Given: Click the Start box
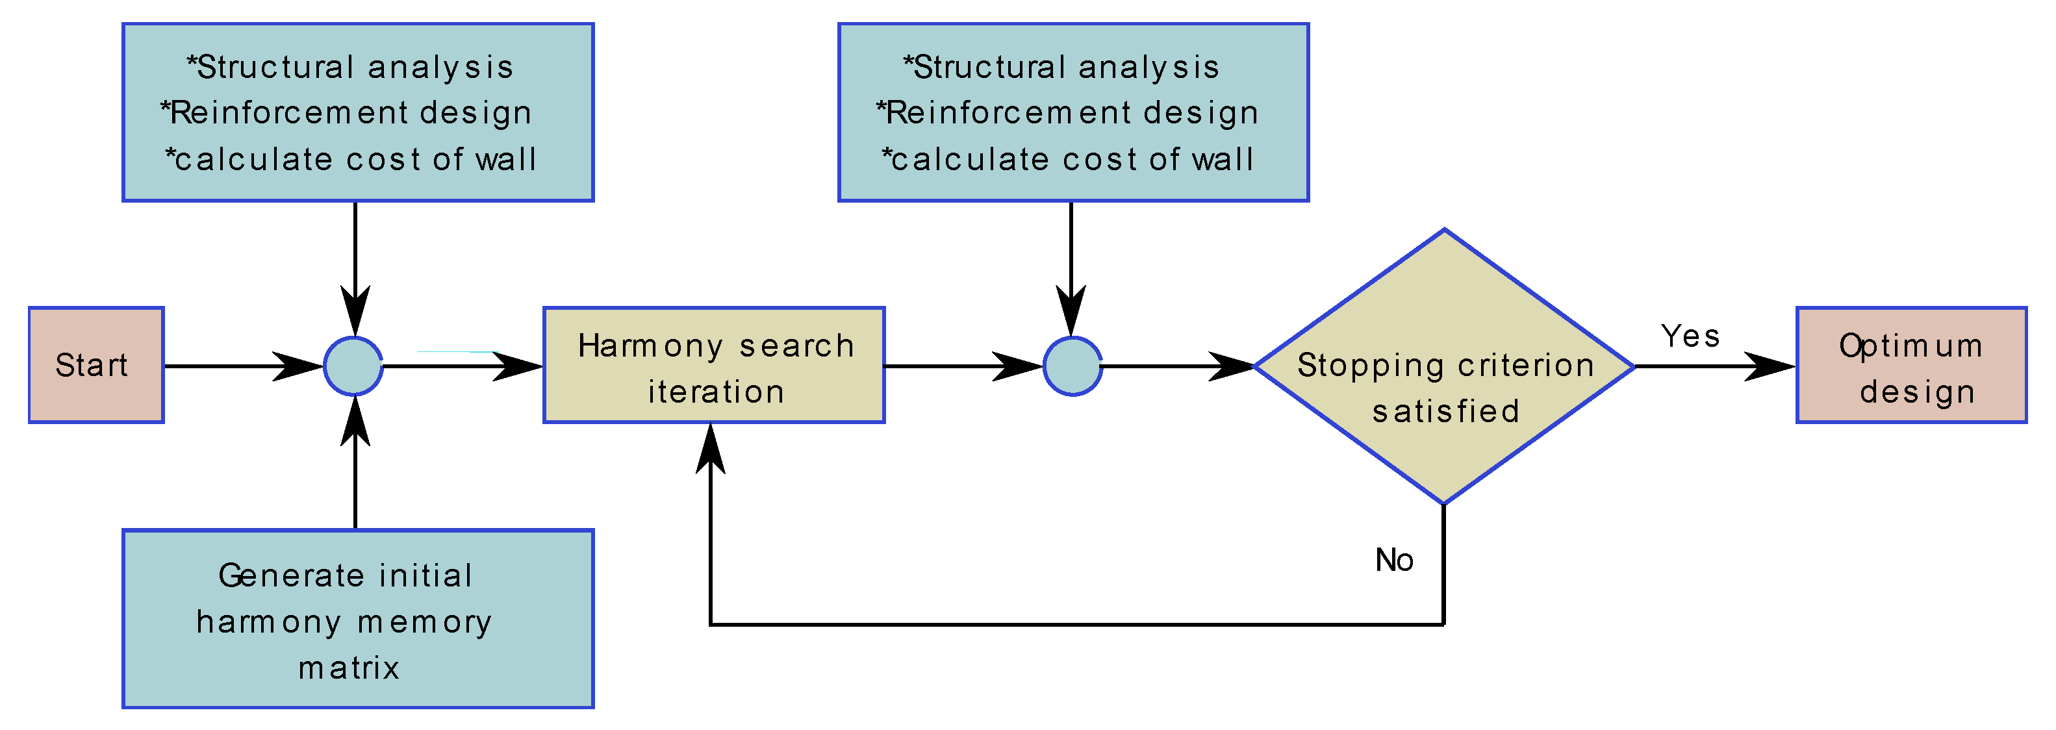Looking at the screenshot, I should pyautogui.click(x=95, y=364).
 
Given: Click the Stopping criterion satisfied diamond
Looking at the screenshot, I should pyautogui.click(x=1444, y=366).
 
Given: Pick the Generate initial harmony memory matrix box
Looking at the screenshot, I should pyautogui.click(x=357, y=618).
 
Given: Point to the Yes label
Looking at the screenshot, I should pyautogui.click(x=1690, y=336).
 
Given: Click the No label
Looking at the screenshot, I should pyautogui.click(x=1393, y=560).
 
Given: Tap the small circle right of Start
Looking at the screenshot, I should pyautogui.click(x=353, y=366).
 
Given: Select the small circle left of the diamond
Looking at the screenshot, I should pyautogui.click(x=1072, y=366).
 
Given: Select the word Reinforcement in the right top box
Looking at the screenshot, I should pyautogui.click(x=1009, y=112).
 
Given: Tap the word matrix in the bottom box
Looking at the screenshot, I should pyautogui.click(x=349, y=668).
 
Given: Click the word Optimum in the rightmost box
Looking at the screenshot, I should pyautogui.click(x=1910, y=346).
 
